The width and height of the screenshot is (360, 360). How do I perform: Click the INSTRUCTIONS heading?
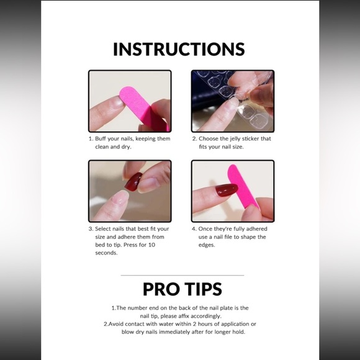click(x=179, y=49)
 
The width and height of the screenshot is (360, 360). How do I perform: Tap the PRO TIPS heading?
click(x=182, y=289)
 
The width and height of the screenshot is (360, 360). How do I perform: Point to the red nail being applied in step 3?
click(x=133, y=182)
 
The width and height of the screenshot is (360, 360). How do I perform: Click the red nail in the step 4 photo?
click(x=227, y=190)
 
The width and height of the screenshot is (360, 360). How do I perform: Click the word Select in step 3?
click(x=104, y=228)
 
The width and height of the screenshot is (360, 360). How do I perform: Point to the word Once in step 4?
click(x=206, y=228)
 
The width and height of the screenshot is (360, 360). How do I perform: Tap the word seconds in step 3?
click(x=106, y=253)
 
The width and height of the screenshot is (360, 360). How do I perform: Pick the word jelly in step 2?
click(x=239, y=139)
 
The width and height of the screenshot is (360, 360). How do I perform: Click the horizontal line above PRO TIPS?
click(x=182, y=275)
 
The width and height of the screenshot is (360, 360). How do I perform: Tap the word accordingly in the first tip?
click(x=210, y=316)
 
